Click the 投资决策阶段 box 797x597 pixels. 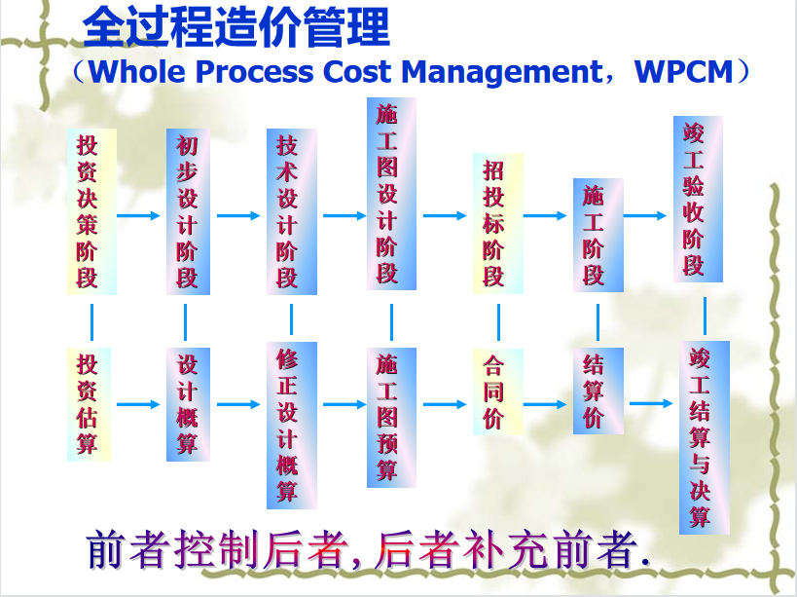tap(91, 211)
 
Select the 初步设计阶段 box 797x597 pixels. tap(187, 211)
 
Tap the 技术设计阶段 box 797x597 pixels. tap(289, 211)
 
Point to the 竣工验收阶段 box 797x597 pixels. tap(698, 199)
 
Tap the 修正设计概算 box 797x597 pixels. tap(290, 425)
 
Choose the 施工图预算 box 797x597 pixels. tap(391, 417)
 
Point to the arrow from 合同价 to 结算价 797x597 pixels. tap(547, 403)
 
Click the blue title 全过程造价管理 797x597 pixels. tap(236, 27)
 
